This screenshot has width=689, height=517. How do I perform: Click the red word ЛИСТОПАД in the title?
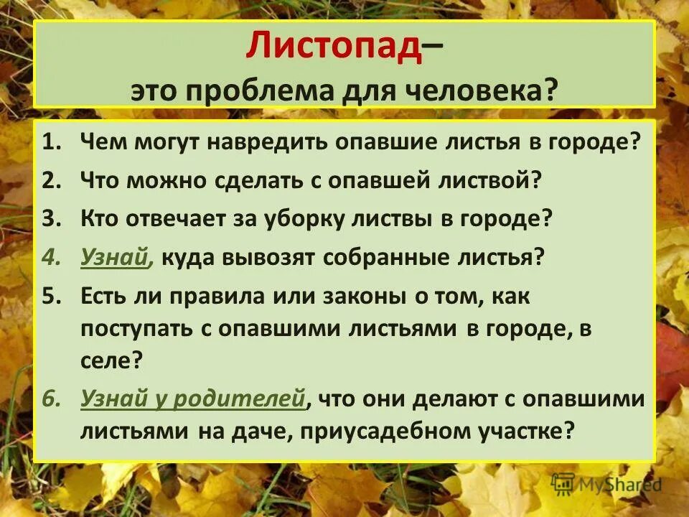tap(332, 47)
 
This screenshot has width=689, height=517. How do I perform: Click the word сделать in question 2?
tap(255, 180)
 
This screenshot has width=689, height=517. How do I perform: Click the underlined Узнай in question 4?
tap(115, 257)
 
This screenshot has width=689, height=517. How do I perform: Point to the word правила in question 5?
tap(212, 296)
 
